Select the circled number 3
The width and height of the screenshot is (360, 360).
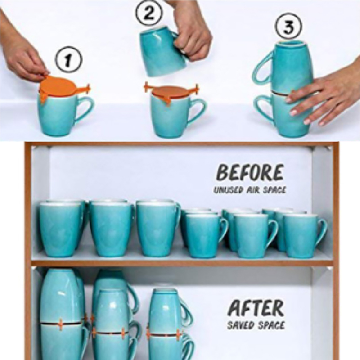tap(288, 27)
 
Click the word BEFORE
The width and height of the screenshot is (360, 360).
tap(250, 173)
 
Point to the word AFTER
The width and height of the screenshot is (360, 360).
tap(256, 308)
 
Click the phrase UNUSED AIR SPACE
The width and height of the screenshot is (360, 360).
tap(250, 190)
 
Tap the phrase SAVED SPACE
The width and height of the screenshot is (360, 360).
tap(256, 325)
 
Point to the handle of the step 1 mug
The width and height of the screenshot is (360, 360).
tap(85, 108)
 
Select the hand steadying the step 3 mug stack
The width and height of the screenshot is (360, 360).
tap(321, 96)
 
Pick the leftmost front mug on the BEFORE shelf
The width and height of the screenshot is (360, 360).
tap(60, 229)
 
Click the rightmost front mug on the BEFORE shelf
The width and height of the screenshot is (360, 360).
tap(303, 236)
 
